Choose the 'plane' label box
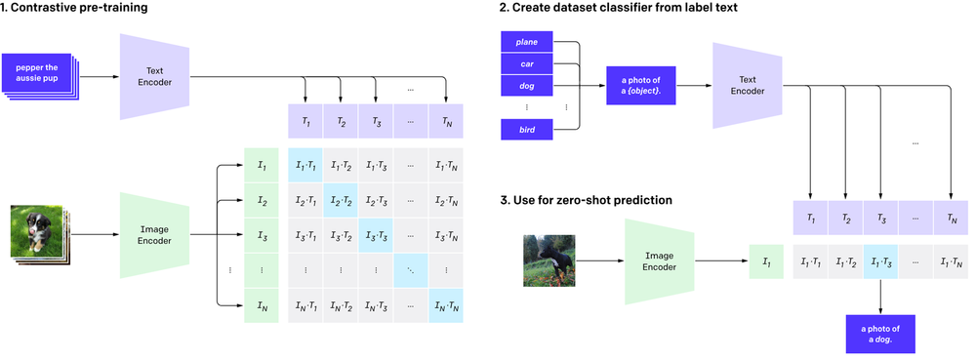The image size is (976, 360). [526, 42]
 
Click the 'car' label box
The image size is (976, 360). [526, 63]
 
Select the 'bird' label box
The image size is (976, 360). [526, 129]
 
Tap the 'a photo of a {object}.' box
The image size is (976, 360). [639, 84]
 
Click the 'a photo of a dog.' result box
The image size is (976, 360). [881, 333]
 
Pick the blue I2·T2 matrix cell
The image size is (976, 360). [341, 201]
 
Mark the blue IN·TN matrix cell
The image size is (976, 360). [445, 306]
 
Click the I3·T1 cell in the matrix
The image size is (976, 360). [305, 236]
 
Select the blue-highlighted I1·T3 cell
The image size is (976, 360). [881, 262]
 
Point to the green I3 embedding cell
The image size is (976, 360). [261, 236]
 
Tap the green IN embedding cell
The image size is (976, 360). [261, 306]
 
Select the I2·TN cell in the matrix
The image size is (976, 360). [445, 201]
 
